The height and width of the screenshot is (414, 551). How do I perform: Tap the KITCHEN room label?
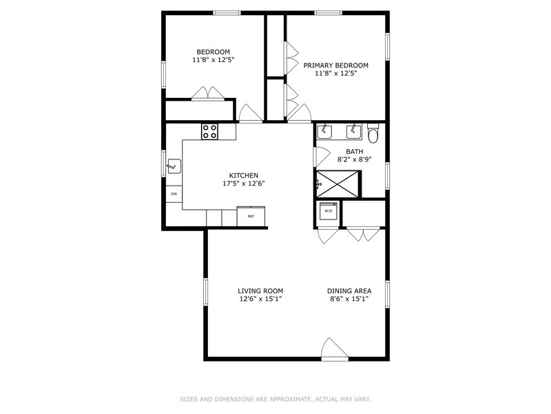244,175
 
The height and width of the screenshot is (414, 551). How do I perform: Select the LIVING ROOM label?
260,291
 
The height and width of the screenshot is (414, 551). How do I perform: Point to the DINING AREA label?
349,291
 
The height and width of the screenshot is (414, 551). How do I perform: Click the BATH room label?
354,152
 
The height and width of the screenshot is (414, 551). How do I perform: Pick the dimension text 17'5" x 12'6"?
244,184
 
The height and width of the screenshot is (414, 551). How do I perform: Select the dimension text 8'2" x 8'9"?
354,160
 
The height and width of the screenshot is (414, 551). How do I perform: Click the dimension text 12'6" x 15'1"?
260,299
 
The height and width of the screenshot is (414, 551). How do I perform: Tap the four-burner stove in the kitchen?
209,131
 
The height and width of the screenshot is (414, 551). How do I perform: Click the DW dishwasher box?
174,194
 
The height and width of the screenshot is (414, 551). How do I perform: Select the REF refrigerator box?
251,217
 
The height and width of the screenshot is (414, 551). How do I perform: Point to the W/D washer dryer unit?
328,210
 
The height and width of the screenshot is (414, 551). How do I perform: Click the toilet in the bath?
373,132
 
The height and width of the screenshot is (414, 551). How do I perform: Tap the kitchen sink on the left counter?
174,165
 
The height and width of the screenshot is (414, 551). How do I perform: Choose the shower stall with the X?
337,183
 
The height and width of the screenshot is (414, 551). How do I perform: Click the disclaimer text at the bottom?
275,399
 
